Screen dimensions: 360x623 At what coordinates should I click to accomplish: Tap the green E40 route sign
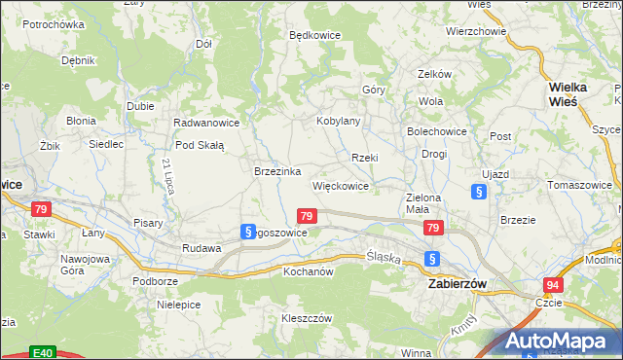[x=41, y=352]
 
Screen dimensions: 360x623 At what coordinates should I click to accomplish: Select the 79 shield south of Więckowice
[x=307, y=216]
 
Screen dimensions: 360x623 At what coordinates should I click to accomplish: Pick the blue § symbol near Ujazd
[x=479, y=193]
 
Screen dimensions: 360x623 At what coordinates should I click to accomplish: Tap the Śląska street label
[x=384, y=256]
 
